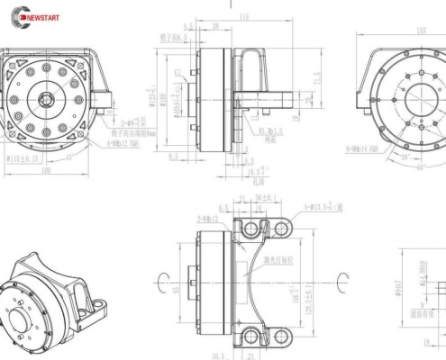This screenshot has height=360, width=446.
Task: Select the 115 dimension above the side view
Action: point(243,17)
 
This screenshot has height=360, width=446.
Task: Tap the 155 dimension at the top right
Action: point(422,30)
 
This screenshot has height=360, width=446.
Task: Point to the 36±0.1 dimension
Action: point(266,197)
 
